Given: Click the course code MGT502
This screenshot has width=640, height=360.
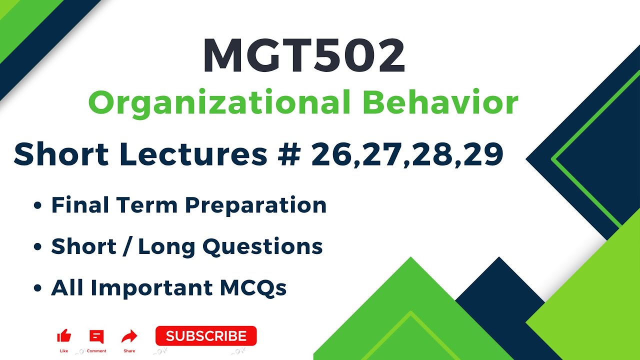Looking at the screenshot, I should pos(303,56).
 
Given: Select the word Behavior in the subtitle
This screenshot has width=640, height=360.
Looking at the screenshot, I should pos(440,103).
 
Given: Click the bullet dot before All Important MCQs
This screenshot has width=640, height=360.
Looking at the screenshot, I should pos(37,289).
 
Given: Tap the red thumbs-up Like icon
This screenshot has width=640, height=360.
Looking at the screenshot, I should pos(64,336).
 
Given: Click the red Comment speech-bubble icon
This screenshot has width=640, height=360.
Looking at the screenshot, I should pos(96,336).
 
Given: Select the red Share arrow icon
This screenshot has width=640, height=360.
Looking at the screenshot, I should pos(129,336).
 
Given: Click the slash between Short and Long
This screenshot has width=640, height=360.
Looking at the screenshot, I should pos(127,246).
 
